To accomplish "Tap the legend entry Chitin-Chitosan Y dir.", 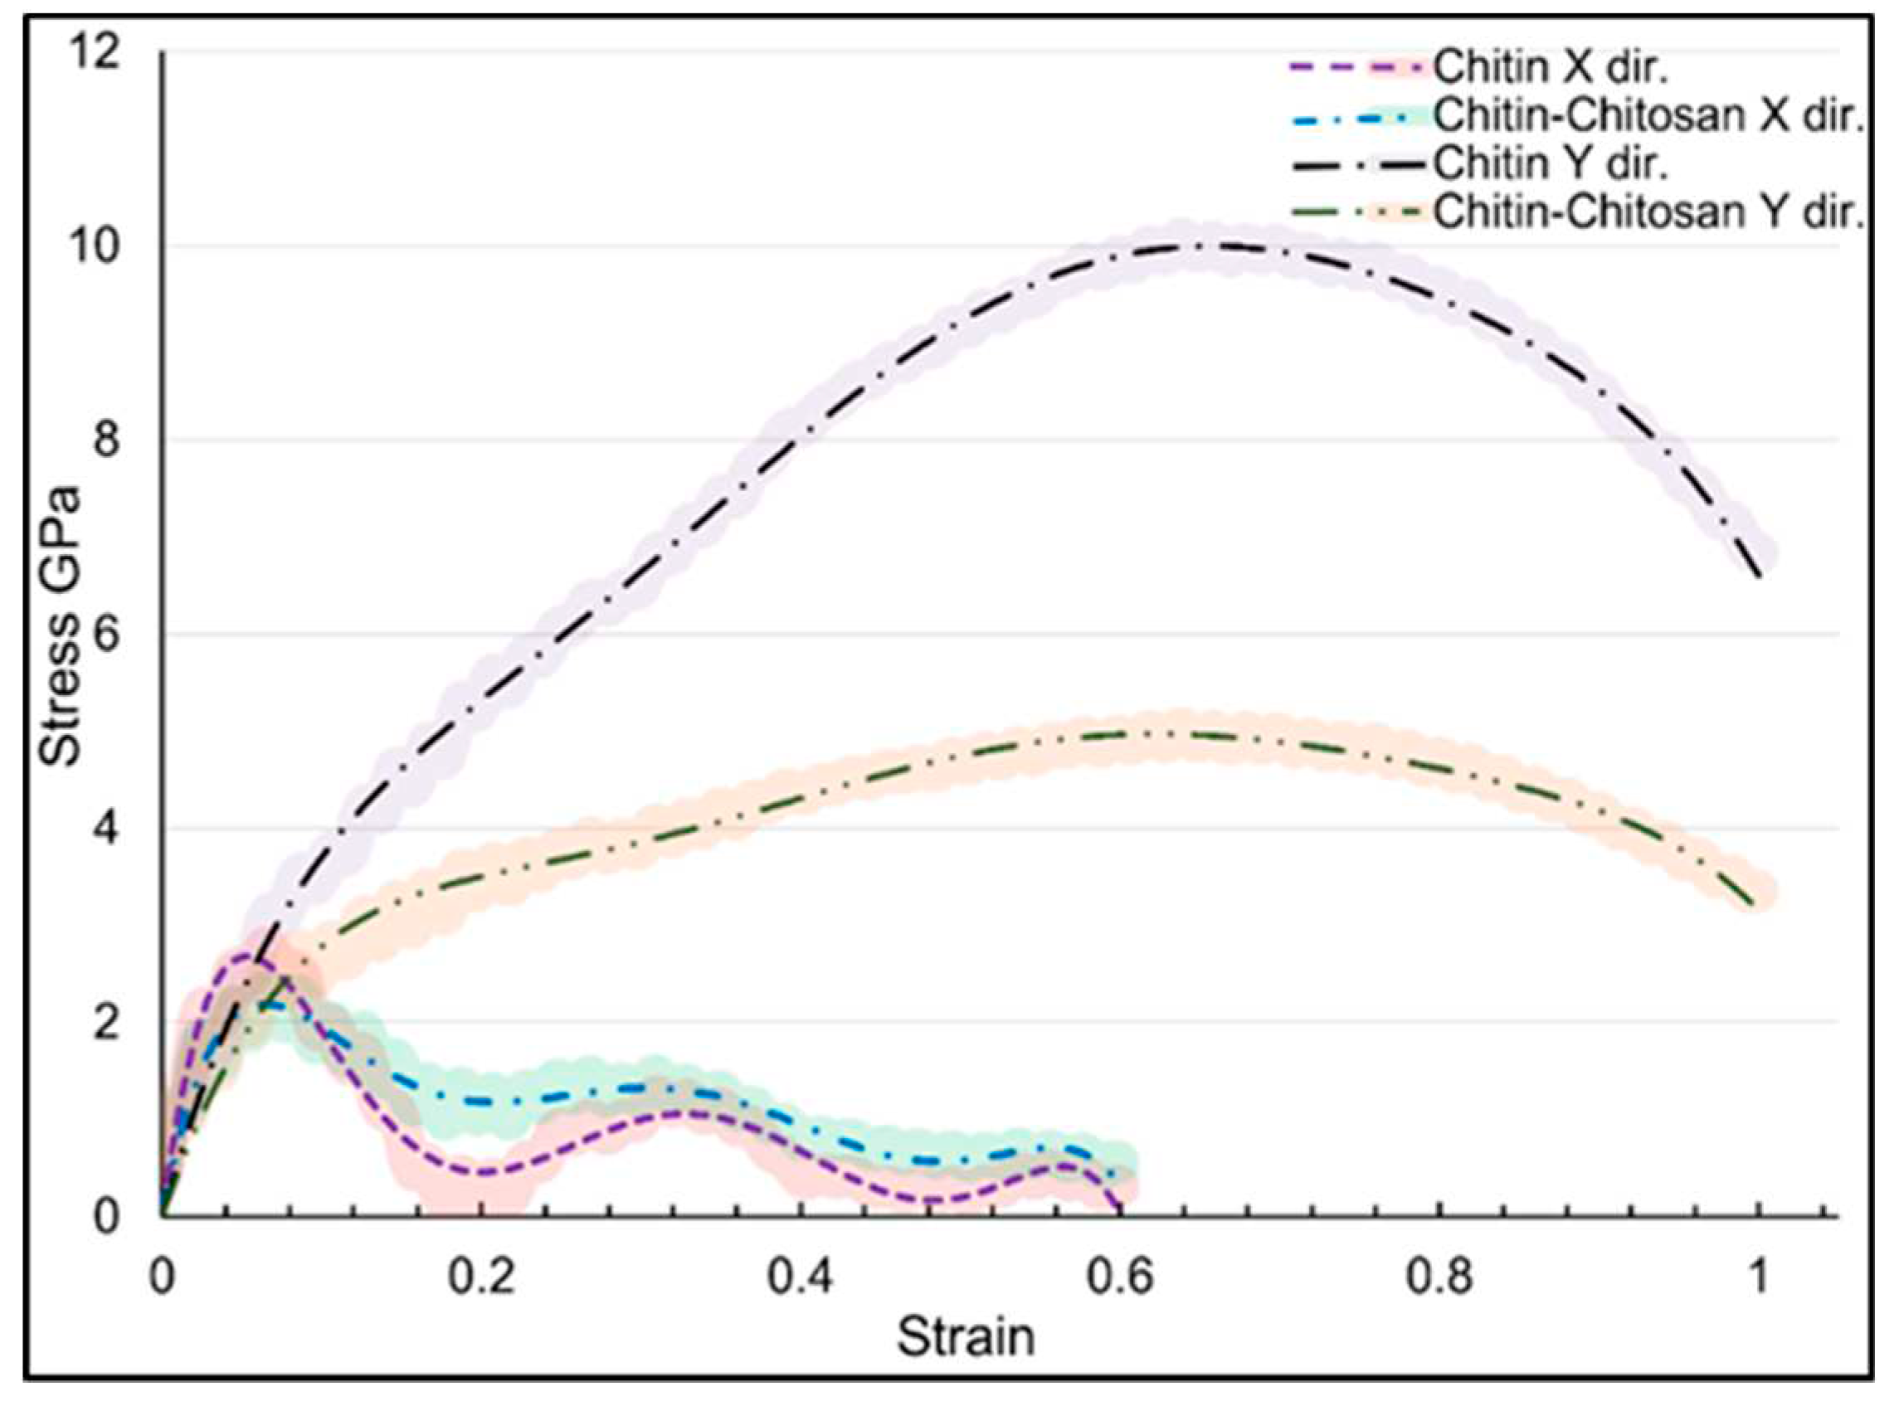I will click(x=1647, y=212).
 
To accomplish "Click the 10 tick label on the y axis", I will click(x=92, y=248).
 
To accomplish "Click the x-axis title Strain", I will click(x=965, y=1336).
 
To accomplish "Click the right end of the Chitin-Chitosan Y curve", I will click(x=1755, y=904).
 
